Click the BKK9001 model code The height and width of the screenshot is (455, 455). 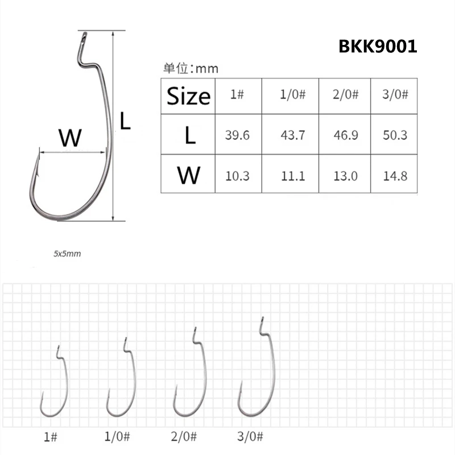(378, 46)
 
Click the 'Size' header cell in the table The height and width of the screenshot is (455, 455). (188, 96)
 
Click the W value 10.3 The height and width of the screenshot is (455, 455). (238, 175)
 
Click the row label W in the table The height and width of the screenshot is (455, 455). (188, 174)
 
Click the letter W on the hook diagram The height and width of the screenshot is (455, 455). (71, 137)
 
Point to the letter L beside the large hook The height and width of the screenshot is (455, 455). (126, 121)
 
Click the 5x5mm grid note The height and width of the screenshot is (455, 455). (67, 254)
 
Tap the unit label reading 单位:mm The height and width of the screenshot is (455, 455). (191, 69)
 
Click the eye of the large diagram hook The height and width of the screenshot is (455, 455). (82, 39)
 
